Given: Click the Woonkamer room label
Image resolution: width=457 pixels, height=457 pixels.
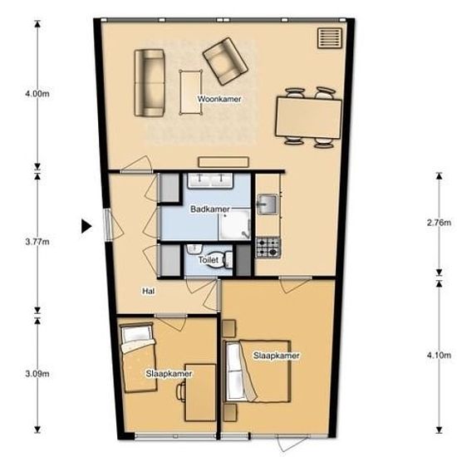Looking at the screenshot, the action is (219, 99).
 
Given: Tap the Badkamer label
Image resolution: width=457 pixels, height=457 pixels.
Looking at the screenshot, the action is (210, 209).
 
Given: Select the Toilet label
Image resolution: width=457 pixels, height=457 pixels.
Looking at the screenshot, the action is (208, 259).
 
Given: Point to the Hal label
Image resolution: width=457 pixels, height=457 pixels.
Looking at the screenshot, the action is (149, 291).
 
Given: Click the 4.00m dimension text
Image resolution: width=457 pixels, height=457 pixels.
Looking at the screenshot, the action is (37, 94).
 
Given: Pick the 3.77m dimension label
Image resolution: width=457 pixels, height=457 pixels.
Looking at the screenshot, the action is (37, 242).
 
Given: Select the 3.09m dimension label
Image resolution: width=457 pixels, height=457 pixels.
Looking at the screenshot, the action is (37, 373).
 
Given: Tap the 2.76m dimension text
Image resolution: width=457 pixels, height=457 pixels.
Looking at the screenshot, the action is (439, 223).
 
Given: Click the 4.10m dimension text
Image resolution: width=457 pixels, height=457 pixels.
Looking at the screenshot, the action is (439, 356).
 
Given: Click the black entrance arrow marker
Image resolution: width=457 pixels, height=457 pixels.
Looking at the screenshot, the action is (86, 226).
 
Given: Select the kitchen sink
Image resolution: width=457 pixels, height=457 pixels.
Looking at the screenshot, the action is (267, 204).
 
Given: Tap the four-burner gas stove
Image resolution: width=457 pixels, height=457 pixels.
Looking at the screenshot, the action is (268, 248).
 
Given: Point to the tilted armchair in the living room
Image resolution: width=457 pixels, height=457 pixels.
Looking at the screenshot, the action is (225, 61).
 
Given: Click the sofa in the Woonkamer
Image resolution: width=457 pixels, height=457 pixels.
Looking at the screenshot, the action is (150, 83).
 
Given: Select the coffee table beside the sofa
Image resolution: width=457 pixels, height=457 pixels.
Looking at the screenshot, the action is (191, 92).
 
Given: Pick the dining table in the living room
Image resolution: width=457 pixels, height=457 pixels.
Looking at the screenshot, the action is (308, 118).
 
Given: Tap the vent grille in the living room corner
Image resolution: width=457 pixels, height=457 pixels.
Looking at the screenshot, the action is (330, 38).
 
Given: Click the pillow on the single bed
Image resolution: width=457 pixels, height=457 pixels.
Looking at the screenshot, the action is (136, 334).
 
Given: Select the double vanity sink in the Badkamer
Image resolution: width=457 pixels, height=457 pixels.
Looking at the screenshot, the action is (210, 180).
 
